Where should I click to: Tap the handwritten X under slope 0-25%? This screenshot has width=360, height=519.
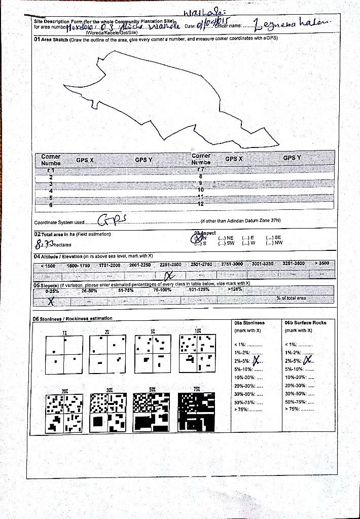51,301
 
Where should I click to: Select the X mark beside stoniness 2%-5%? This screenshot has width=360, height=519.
257,360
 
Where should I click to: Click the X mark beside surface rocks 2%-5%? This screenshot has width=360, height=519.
305,361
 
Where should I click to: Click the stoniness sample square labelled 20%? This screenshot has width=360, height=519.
64,413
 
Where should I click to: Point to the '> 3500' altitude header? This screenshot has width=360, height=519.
321,264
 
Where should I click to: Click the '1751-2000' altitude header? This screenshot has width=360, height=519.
110,265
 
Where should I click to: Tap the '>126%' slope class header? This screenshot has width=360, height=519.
235,289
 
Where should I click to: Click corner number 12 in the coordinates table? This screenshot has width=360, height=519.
200,204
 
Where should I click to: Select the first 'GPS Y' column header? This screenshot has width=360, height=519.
143,160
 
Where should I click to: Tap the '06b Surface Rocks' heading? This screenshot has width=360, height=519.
305,323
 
